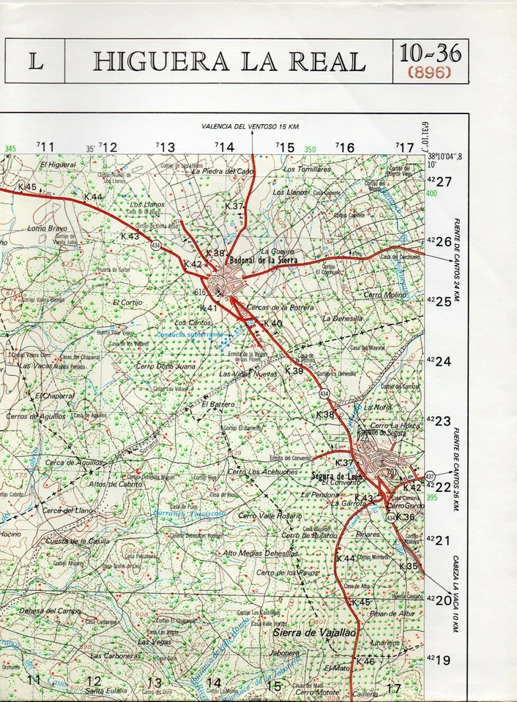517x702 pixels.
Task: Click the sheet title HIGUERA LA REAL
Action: coord(228,61)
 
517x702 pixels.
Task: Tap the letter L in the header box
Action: coord(35,62)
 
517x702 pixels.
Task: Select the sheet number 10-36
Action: coord(430,53)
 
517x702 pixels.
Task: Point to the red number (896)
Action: coord(430,72)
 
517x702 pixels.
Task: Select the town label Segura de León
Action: coord(336,477)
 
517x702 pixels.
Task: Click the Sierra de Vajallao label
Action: coord(304,632)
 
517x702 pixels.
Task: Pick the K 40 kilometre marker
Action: coord(272,323)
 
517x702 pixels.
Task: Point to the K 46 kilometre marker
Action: coord(365,661)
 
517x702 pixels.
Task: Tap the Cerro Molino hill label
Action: coord(384,295)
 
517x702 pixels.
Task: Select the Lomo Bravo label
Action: coord(47,228)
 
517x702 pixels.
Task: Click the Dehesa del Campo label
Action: coord(50,611)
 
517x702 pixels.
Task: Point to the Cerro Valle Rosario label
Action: coord(269,516)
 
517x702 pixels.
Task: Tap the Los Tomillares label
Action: coord(308,169)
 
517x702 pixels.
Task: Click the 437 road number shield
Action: coord(429,477)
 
